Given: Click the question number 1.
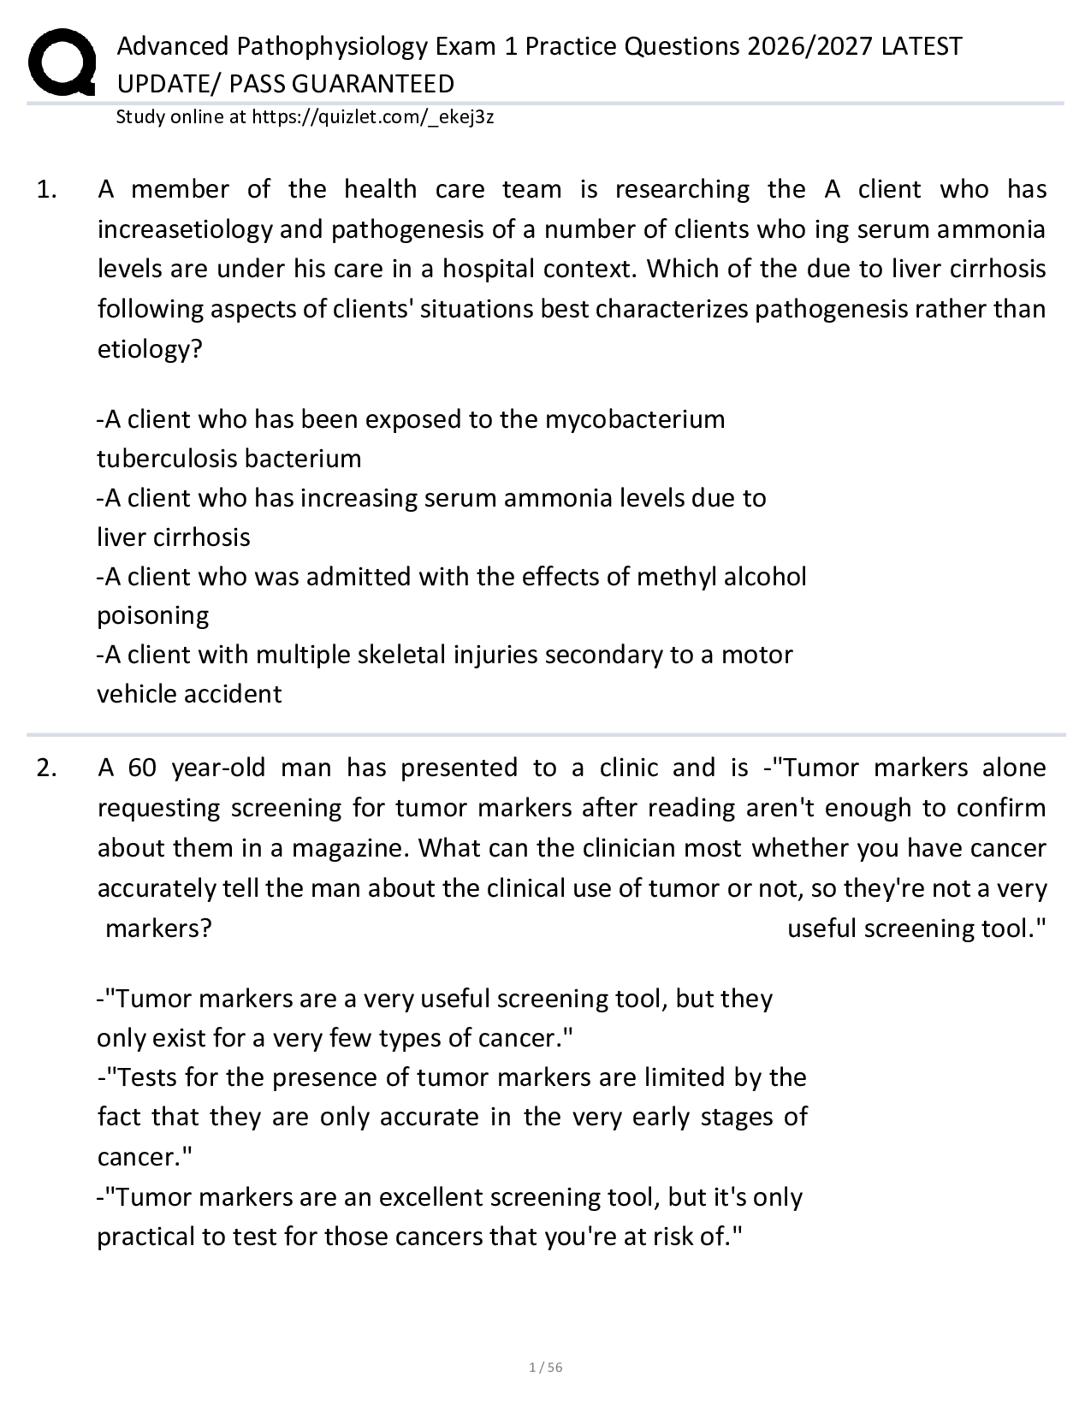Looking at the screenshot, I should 46,189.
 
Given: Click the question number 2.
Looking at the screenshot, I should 46,768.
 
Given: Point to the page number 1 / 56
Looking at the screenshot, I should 546,1367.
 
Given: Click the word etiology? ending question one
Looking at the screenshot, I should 150,349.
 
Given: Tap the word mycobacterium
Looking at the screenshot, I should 635,419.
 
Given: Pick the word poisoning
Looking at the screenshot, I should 152,616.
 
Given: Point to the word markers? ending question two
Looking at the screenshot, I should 158,928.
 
